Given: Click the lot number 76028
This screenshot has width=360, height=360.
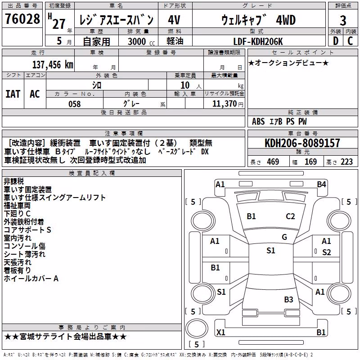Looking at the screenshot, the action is coord(22,19).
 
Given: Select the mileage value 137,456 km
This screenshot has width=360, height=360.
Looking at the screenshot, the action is coord(53,65).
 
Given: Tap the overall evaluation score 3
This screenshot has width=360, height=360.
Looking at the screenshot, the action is coord(343,21).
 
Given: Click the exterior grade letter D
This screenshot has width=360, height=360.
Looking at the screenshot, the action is coord(336,41).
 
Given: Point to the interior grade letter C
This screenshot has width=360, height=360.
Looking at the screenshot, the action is coord(350,41).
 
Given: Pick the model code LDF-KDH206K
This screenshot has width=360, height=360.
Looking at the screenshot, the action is coord(258,41).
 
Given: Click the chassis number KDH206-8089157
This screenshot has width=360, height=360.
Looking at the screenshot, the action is coord(302,143).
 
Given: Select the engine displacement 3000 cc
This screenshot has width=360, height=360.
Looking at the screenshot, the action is coord(141,41).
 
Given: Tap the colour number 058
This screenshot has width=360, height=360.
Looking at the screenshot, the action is coord(75,104).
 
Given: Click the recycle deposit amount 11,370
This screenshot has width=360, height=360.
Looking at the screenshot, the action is coord(225,104).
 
